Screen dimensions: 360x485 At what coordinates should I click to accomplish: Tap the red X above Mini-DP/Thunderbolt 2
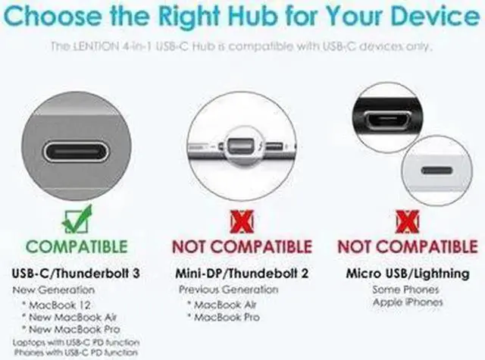pyautogui.click(x=242, y=221)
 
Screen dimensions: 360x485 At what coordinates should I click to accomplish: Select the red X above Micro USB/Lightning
pyautogui.click(x=407, y=221)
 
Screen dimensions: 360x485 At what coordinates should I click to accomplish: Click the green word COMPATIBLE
pyautogui.click(x=77, y=247)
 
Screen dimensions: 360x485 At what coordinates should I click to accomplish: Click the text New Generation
pyautogui.click(x=53, y=290)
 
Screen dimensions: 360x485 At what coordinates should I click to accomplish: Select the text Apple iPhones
pyautogui.click(x=408, y=302)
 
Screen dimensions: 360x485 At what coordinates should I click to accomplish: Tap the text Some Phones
pyautogui.click(x=408, y=290)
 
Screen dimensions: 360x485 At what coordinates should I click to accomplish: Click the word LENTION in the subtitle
pyautogui.click(x=96, y=47)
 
